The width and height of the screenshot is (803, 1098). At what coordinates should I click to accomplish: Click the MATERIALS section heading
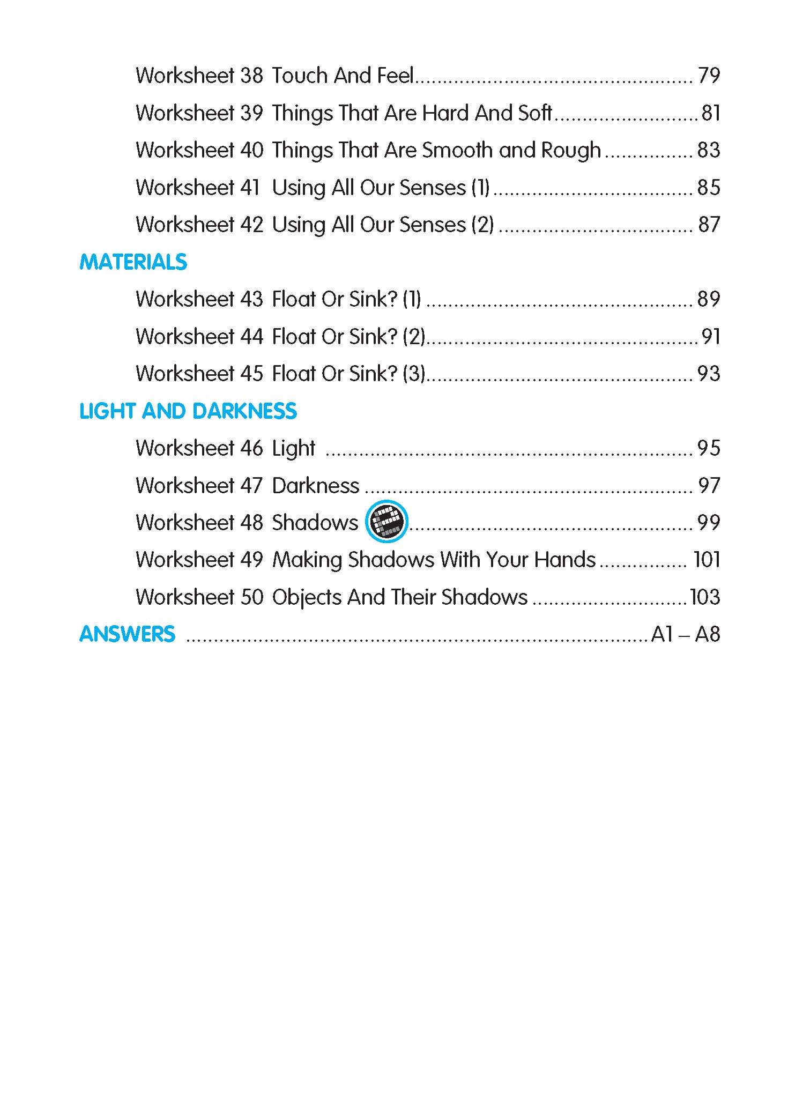coord(133,262)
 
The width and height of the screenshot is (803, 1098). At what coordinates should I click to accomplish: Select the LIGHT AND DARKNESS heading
coord(188,411)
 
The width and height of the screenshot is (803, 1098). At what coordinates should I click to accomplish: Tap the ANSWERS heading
coord(127,634)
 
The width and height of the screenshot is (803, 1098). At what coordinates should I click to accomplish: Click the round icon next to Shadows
coord(386,522)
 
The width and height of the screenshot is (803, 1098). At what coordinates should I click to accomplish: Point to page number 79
coord(709,76)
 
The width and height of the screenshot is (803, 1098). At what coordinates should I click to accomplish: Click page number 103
coord(704,597)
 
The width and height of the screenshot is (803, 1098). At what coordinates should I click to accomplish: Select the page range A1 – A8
coord(685,634)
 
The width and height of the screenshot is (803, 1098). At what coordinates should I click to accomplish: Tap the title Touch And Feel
coord(343,76)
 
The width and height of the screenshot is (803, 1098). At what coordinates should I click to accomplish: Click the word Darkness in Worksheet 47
coord(316,486)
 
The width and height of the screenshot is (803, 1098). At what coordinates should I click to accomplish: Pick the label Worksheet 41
coord(198,188)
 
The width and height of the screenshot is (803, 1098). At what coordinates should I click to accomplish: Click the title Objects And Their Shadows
coord(400,597)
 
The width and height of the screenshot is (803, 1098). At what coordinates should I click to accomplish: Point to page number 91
coord(711,337)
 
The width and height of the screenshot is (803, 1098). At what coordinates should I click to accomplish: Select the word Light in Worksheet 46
coord(294,449)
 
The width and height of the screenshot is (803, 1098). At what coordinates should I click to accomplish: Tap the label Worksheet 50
coord(199,597)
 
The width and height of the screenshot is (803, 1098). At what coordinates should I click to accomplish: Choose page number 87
coord(709,225)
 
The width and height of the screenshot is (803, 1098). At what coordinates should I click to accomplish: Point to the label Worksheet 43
coord(199,299)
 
